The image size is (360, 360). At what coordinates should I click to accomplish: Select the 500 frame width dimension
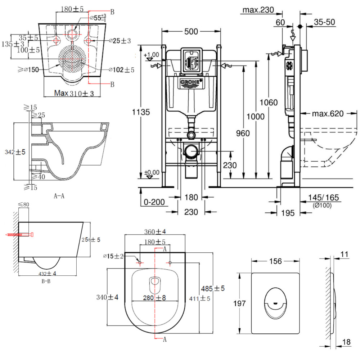coord(191,32)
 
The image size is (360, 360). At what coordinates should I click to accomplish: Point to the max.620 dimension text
coord(328,114)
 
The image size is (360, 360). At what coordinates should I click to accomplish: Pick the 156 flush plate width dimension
coord(275,261)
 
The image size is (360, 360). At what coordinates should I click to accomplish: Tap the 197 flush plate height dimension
coord(239,303)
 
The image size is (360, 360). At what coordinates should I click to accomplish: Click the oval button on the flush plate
coord(275,302)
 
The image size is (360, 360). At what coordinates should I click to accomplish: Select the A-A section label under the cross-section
coord(59,196)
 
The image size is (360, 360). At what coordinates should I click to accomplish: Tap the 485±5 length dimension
coord(213,288)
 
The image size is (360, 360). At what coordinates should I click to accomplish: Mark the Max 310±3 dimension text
coord(74,94)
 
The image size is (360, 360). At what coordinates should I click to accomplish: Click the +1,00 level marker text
coord(151,55)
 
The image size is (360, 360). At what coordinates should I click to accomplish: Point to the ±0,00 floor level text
coord(152,172)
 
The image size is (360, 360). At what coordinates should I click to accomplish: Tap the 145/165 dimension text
coord(323,198)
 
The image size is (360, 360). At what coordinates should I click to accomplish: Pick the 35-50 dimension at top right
coord(324,22)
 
